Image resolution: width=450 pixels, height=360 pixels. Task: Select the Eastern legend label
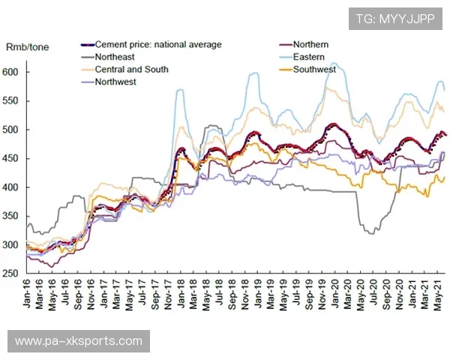tap(310, 57)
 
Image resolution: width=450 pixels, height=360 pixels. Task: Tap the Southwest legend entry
tap(315, 70)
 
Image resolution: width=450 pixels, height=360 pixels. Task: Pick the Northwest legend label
tap(116, 82)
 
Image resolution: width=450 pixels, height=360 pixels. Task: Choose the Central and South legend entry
tap(132, 70)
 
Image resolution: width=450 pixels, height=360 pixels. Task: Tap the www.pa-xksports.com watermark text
tap(78, 341)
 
